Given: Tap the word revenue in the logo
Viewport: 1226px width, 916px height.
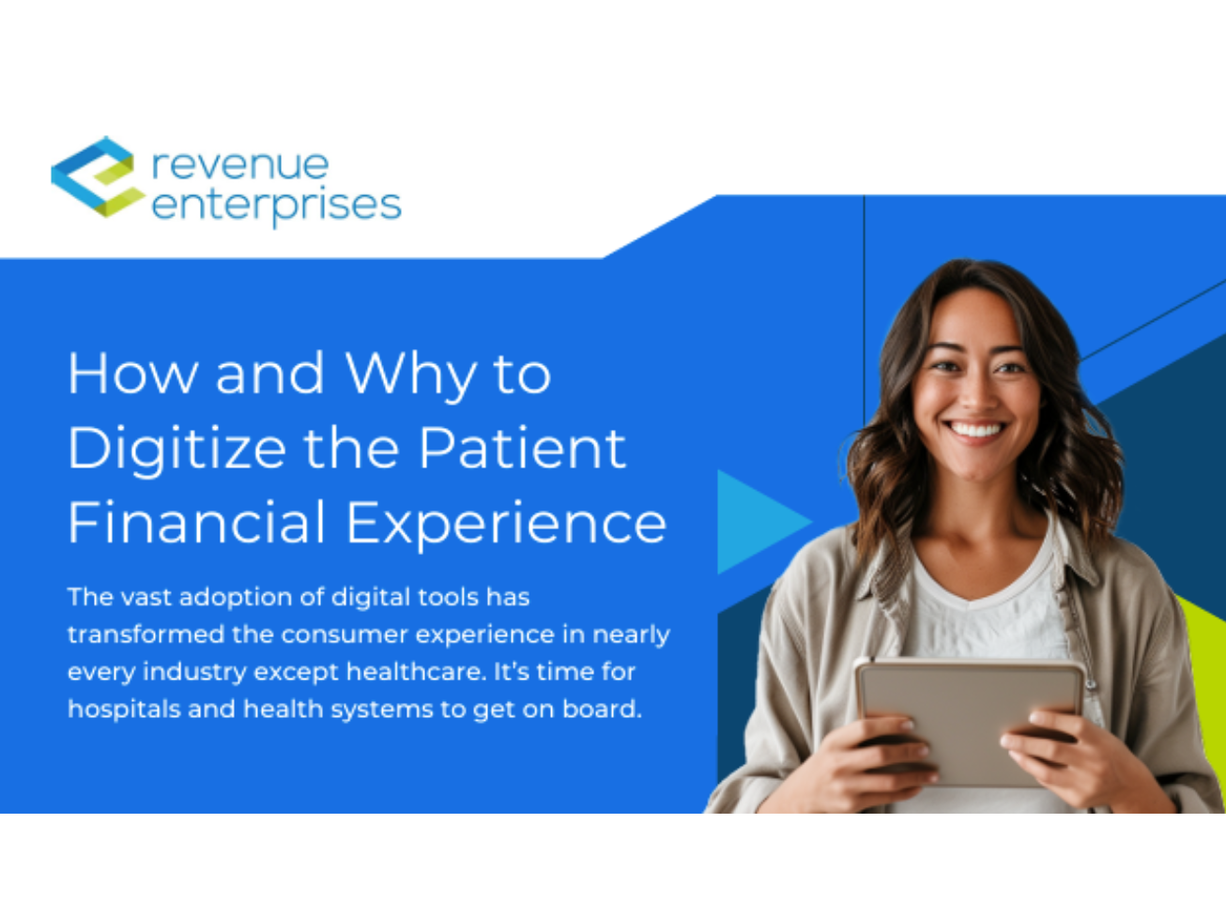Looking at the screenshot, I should [x=240, y=164].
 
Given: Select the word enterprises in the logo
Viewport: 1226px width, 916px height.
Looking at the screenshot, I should [x=276, y=206].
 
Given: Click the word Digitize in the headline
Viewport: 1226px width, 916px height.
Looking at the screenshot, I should [x=176, y=448].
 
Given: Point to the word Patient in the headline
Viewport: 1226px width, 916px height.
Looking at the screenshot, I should [x=521, y=448].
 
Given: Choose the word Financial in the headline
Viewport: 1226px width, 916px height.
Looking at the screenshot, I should [x=196, y=522].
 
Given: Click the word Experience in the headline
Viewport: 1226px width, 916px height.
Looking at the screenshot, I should [x=506, y=524].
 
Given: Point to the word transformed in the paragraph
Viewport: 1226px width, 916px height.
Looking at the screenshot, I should [x=146, y=634].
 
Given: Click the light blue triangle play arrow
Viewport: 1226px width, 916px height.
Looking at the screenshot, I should [x=756, y=522].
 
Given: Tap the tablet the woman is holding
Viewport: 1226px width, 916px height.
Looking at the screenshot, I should [x=967, y=718].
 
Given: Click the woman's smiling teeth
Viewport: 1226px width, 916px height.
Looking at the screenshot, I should [x=974, y=430].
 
